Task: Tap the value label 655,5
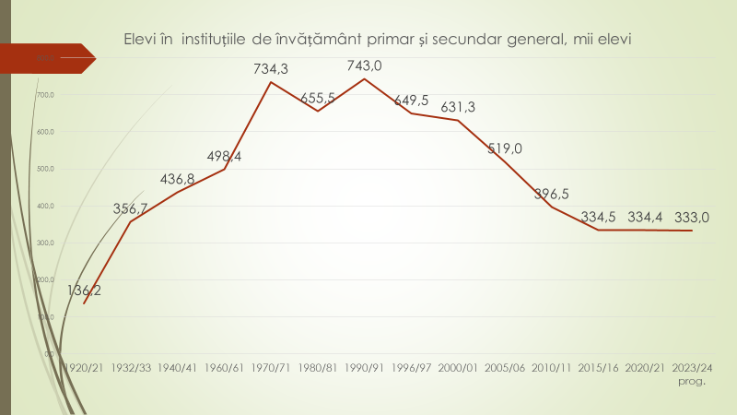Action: click(x=318, y=98)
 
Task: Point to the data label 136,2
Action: click(x=85, y=290)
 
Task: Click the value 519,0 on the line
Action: click(x=505, y=148)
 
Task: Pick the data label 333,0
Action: click(x=692, y=218)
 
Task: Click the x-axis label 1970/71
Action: click(x=271, y=367)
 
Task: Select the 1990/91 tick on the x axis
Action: click(x=365, y=367)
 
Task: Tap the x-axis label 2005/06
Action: click(x=505, y=367)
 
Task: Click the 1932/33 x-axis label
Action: click(x=131, y=367)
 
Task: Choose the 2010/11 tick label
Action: click(x=552, y=367)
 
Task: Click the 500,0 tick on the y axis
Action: click(x=46, y=169)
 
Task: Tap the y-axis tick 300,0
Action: click(x=46, y=243)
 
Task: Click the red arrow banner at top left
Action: click(x=46, y=57)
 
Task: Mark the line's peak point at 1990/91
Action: click(x=365, y=79)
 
